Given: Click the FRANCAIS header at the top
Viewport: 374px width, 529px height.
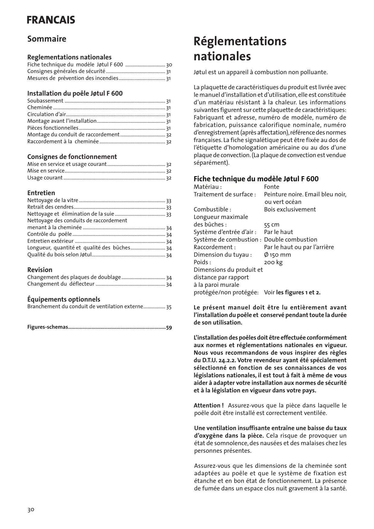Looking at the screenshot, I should pyautogui.click(x=51, y=20).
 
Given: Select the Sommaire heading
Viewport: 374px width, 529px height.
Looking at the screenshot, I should pyautogui.click(x=47, y=39).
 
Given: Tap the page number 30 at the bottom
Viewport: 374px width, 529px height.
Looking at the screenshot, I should pyautogui.click(x=31, y=510).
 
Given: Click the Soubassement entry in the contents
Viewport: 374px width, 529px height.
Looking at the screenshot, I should pyautogui.click(x=45, y=101).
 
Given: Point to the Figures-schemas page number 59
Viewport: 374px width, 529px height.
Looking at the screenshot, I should pyautogui.click(x=169, y=328).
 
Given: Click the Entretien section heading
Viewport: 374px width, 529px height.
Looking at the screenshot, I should pyautogui.click(x=41, y=193).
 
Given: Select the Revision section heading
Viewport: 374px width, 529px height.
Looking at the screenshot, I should pyautogui.click(x=40, y=270).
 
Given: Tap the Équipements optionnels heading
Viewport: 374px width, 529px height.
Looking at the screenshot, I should pyautogui.click(x=64, y=299).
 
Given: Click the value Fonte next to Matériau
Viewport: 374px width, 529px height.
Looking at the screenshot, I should pyautogui.click(x=272, y=187).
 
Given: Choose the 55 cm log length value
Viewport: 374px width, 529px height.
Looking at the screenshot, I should pyautogui.click(x=272, y=225).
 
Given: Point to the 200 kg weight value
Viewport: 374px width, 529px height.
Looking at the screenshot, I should pyautogui.click(x=273, y=262).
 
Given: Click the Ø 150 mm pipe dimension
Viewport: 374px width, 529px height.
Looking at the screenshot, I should pyautogui.click(x=277, y=255).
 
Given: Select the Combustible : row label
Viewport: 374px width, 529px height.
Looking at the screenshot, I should pyautogui.click(x=212, y=210).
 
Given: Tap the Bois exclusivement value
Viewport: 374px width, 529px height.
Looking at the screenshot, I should pyautogui.click(x=290, y=210).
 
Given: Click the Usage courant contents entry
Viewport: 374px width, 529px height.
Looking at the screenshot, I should pyautogui.click(x=45, y=178).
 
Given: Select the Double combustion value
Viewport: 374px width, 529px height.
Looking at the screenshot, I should pyautogui.click(x=291, y=240).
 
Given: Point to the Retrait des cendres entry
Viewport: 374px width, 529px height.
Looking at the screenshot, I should pyautogui.click(x=50, y=207).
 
